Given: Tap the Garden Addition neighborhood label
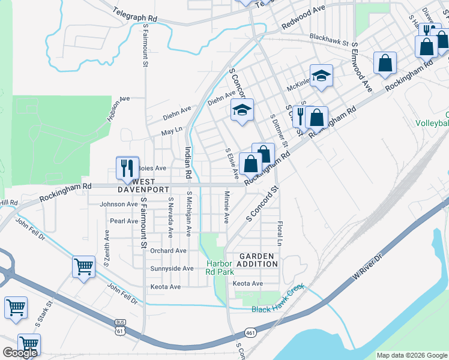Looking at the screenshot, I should pyautogui.click(x=256, y=260).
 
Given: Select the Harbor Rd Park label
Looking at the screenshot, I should pyautogui.click(x=220, y=268).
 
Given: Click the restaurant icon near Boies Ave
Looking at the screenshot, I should pyautogui.click(x=127, y=167).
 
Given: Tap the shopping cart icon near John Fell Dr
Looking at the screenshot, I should pyautogui.click(x=83, y=267).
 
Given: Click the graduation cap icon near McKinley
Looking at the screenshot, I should pyautogui.click(x=321, y=76).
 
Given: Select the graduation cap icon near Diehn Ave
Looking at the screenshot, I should pyautogui.click(x=242, y=110).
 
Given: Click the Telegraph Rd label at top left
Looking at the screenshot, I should pyautogui.click(x=136, y=14).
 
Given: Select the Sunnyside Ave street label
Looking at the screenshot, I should pyautogui.click(x=172, y=268).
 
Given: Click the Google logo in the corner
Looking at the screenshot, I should pyautogui.click(x=19, y=353).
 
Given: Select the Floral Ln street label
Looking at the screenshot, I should pyautogui.click(x=280, y=233).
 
